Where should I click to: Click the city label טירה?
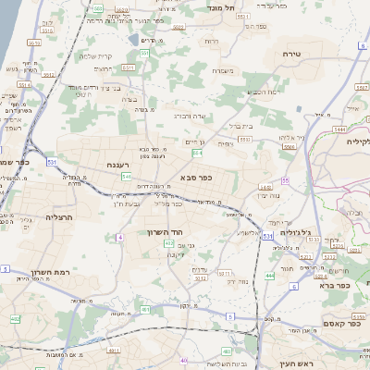coord(291,55)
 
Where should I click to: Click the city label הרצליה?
coord(59,220)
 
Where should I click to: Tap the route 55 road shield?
coord(285,180)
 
